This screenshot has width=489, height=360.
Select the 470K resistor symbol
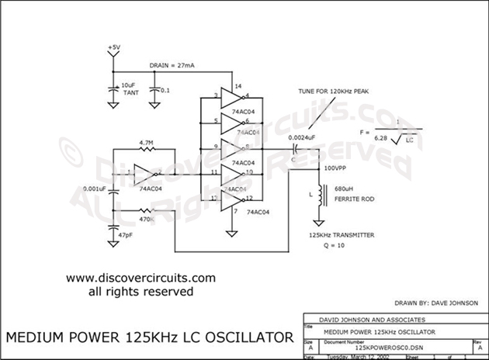tap(149, 210)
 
